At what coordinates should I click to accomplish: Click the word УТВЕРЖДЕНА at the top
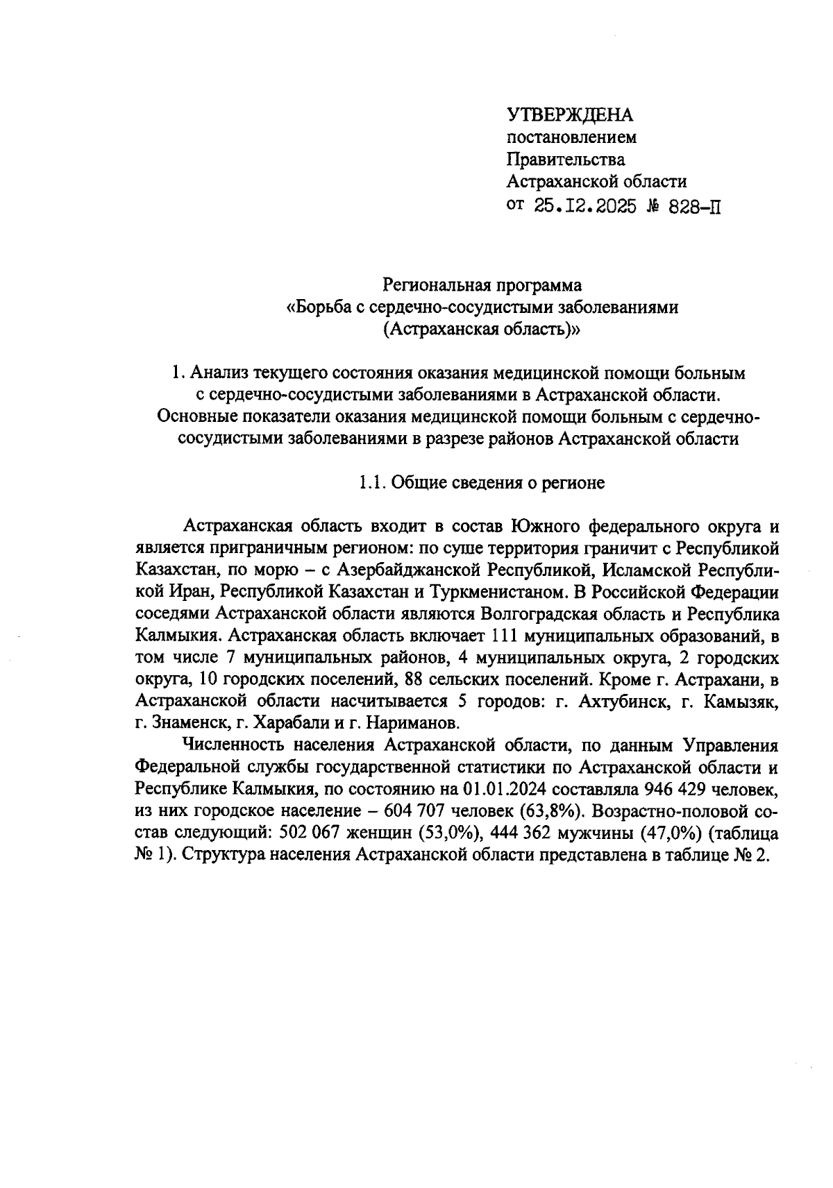coord(570,114)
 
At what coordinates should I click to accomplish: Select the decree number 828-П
coord(692,206)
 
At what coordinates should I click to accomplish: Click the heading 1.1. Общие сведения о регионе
coord(481,483)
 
